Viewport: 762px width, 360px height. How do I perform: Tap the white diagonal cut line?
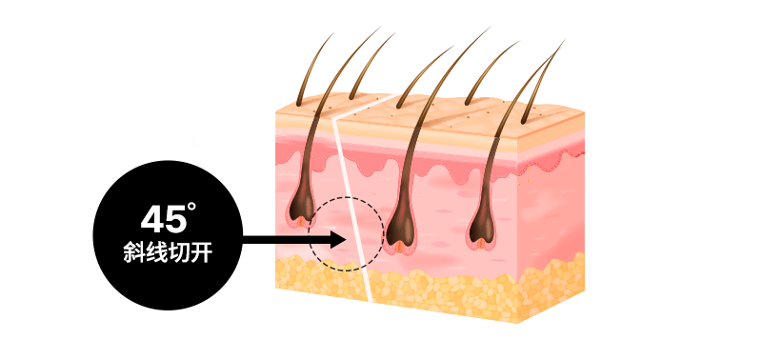[x=354, y=219]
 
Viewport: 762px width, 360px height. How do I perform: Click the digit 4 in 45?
[x=150, y=220]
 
